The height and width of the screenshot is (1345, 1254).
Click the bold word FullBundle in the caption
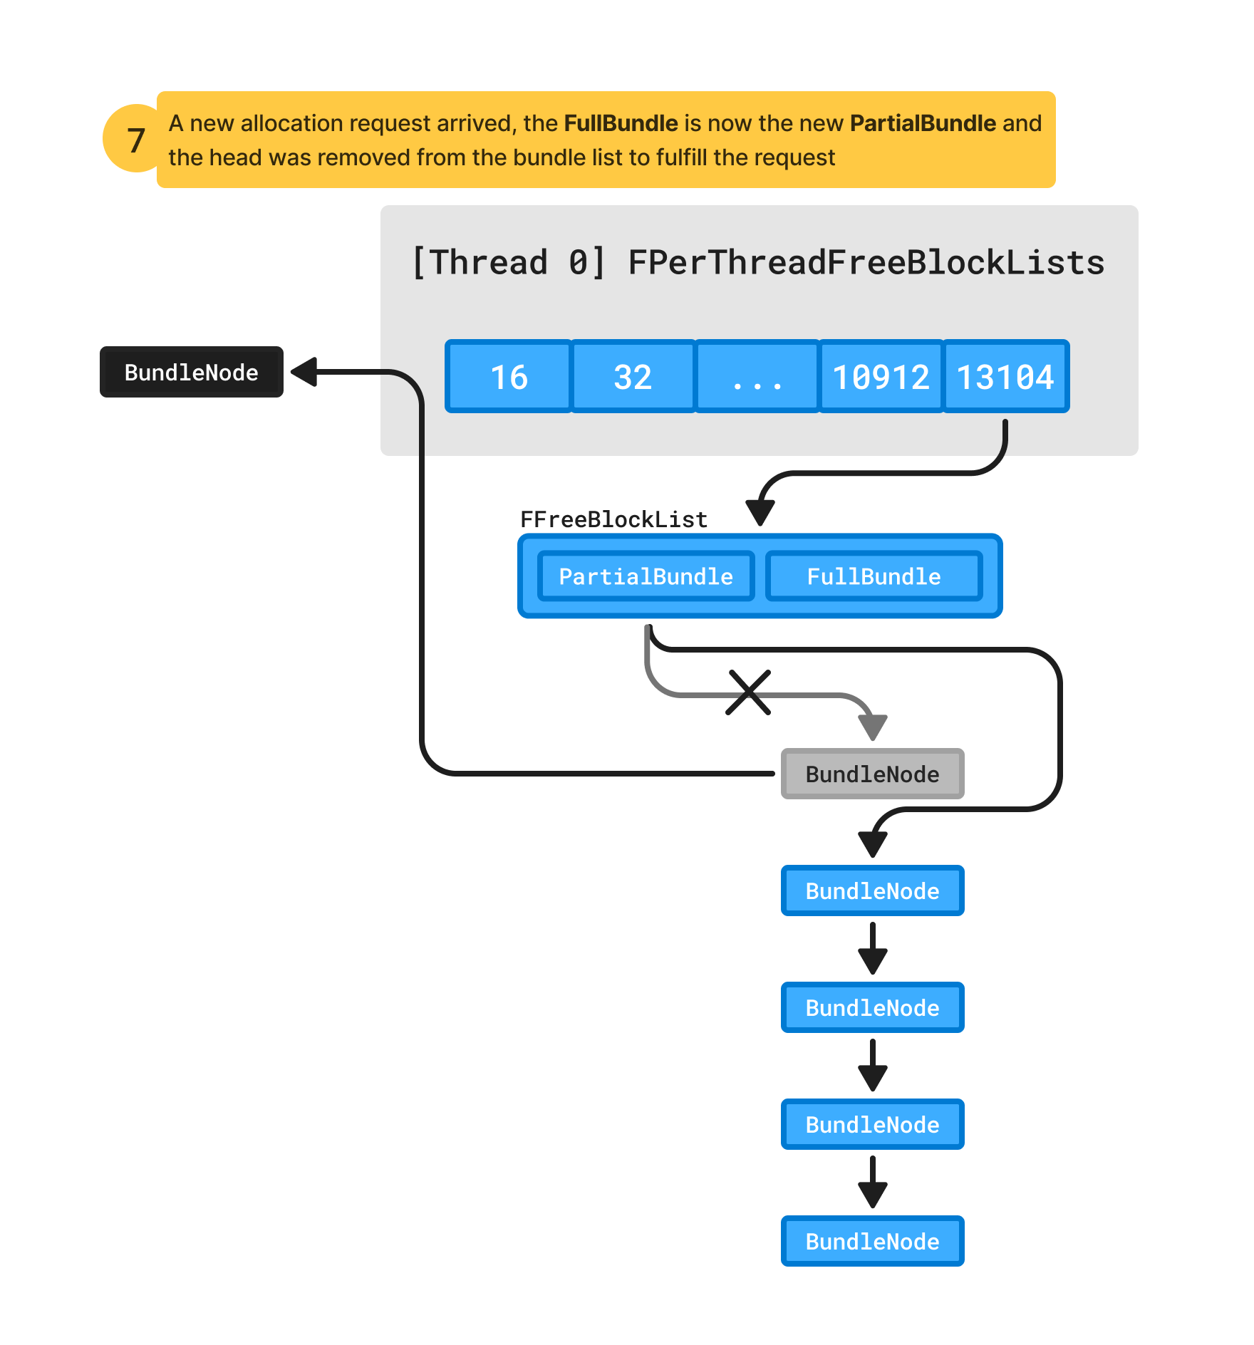(x=621, y=123)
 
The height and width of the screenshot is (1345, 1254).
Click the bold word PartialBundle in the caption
(x=923, y=123)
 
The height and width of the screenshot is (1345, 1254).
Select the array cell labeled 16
(x=509, y=377)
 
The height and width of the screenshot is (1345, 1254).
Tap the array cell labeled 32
(x=633, y=377)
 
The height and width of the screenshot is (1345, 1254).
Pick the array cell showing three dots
(x=757, y=377)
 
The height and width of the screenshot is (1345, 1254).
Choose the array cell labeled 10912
(x=881, y=377)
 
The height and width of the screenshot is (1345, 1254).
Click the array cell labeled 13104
(x=1005, y=377)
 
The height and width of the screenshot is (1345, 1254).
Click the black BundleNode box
(x=191, y=372)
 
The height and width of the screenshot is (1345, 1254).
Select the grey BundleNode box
(x=872, y=774)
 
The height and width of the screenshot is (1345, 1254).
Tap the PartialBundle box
(x=646, y=576)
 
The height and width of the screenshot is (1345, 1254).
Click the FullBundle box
(x=874, y=576)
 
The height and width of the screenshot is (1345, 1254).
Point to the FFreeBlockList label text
(x=613, y=519)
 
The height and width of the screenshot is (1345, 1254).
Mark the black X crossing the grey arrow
(x=748, y=692)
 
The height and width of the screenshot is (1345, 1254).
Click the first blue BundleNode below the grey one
(x=872, y=890)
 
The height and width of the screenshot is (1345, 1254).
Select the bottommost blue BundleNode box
(x=872, y=1241)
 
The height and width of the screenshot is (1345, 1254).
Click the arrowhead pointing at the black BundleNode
(x=305, y=372)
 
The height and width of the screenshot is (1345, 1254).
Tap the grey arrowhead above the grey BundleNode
(x=872, y=727)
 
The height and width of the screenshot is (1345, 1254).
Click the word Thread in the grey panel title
(x=489, y=262)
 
